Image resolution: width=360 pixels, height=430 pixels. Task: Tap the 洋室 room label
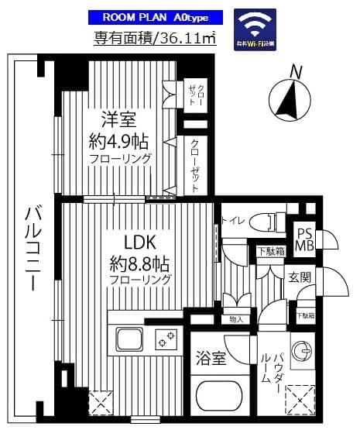click(118, 120)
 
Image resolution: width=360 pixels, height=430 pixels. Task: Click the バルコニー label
click(32, 247)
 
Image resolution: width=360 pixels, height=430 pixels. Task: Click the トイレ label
click(232, 221)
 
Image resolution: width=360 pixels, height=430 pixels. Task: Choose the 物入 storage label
click(237, 318)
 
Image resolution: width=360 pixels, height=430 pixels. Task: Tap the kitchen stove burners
click(166, 339)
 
